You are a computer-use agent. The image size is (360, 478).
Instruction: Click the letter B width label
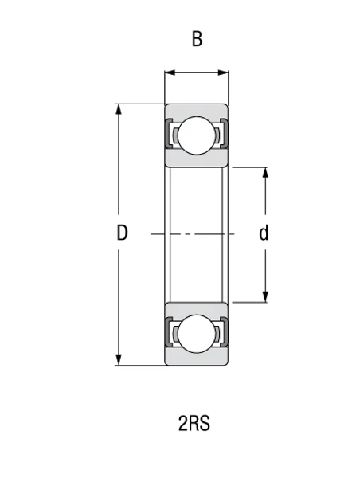click(196, 39)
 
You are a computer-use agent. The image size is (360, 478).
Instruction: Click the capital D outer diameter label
click(122, 233)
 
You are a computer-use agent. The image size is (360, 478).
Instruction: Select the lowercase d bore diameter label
click(264, 233)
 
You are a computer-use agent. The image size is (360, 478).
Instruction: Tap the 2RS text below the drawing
click(194, 423)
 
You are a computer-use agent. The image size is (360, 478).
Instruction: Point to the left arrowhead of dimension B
click(169, 75)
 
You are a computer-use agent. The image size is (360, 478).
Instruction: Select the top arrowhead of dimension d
click(265, 171)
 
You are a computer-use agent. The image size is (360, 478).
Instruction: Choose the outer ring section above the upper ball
click(197, 110)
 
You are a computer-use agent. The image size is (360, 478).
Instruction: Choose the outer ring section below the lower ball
click(197, 359)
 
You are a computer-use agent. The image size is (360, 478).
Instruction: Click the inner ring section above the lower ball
click(197, 308)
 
